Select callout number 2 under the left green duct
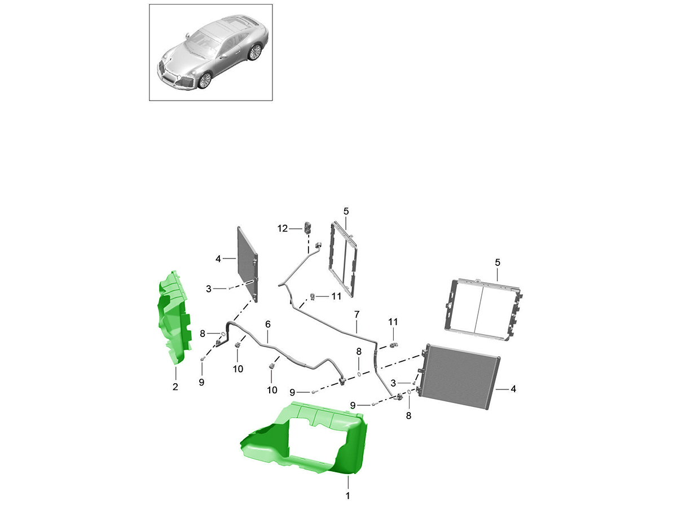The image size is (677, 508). click(175, 387)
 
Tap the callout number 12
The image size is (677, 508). click(282, 229)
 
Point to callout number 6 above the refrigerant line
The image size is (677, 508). click(268, 324)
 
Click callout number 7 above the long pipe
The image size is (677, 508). click(357, 314)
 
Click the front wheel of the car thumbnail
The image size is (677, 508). click(205, 81)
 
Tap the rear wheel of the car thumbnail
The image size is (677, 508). click(256, 52)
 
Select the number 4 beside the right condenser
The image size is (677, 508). click(513, 389)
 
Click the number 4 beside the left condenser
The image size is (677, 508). click(218, 259)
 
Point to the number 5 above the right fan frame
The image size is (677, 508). click(497, 262)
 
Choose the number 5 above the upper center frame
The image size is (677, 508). click(346, 211)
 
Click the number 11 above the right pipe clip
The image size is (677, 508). click(393, 322)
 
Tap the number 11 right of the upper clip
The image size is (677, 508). click(336, 296)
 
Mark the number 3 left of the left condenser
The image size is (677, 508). click(209, 289)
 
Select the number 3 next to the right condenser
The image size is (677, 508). click(393, 383)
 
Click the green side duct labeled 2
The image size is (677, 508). click(174, 318)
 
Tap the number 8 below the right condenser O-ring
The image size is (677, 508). click(408, 416)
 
